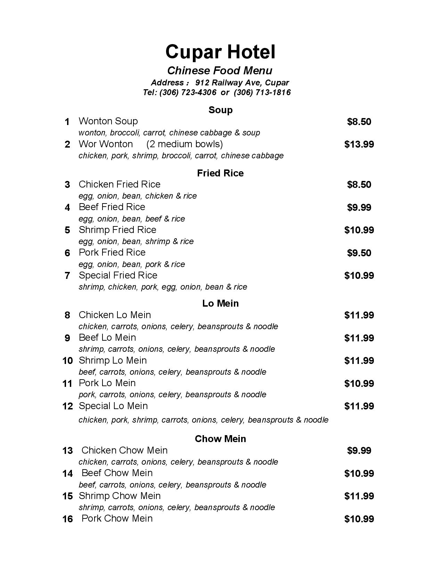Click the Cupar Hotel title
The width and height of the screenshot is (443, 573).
[220, 52]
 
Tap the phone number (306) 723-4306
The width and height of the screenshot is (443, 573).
[188, 92]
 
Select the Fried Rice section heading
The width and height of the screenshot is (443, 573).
[220, 173]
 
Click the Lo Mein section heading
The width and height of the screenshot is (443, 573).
[220, 304]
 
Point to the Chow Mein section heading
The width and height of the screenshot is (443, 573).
[220, 439]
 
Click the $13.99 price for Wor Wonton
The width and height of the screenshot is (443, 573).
[359, 144]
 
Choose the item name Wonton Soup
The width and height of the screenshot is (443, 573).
[108, 121]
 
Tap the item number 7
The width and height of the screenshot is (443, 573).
[67, 276]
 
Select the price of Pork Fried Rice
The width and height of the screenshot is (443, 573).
[359, 253]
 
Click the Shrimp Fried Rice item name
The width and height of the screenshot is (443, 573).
[117, 230]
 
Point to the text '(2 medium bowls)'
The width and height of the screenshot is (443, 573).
[184, 144]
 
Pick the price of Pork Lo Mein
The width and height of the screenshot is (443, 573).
[359, 383]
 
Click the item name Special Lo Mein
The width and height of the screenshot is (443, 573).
[113, 406]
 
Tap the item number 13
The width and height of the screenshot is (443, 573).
[67, 451]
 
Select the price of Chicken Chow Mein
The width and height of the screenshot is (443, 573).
[359, 450]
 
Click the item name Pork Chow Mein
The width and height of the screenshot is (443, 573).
[117, 518]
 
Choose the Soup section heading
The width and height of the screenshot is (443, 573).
[220, 110]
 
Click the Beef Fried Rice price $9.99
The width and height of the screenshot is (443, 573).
[359, 207]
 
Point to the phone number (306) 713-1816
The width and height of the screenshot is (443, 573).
[262, 92]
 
